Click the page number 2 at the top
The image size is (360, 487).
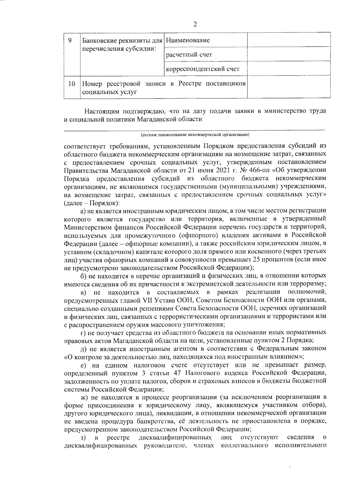pyautogui.click(x=195, y=24)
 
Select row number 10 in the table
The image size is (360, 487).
pyautogui.click(x=71, y=84)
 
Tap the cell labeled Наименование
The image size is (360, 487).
pyautogui.click(x=188, y=40)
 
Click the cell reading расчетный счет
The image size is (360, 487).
pyautogui.click(x=189, y=55)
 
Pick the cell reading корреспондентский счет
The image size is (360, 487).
pyautogui.click(x=203, y=69)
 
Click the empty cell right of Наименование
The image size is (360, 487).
pyautogui.click(x=289, y=40)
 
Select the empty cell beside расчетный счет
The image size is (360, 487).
pyautogui.click(x=289, y=54)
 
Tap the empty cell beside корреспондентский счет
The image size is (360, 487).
pyautogui.click(x=289, y=68)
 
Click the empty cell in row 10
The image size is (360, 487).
pyautogui.click(x=289, y=87)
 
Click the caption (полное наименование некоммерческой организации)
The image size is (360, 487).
pyautogui.click(x=195, y=134)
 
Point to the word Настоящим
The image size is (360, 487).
pyautogui.click(x=101, y=111)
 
